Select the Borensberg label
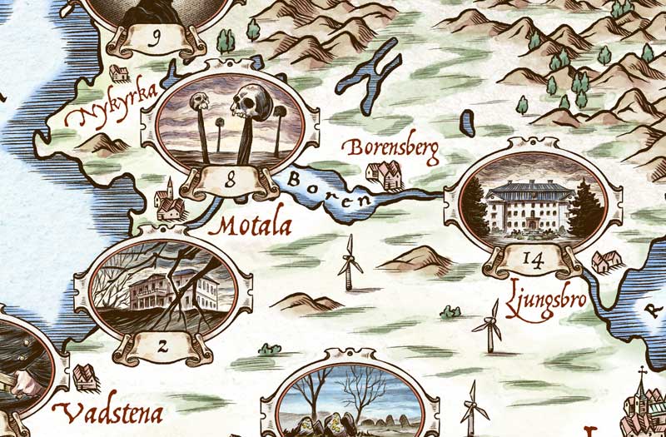click(389, 150)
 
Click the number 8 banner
click(230, 177)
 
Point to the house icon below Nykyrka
click(119, 74)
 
